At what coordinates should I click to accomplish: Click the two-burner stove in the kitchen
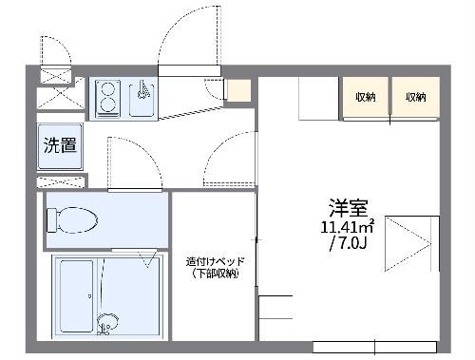pyautogui.click(x=107, y=97)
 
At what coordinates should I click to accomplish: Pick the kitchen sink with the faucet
pyautogui.click(x=142, y=98)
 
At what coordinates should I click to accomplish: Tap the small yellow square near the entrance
pyautogui.click(x=237, y=91)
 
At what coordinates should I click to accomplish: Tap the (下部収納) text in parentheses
pyautogui.click(x=214, y=274)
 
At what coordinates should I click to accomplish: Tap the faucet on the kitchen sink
pyautogui.click(x=142, y=91)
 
